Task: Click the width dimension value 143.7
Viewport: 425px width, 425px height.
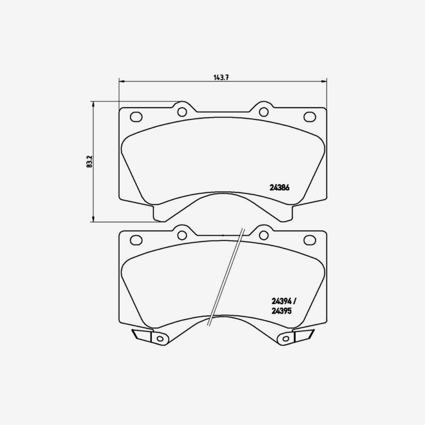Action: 220,78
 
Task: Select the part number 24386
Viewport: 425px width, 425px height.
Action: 280,189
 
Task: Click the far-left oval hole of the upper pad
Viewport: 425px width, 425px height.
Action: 136,117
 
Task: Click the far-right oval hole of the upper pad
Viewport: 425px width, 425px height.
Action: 310,116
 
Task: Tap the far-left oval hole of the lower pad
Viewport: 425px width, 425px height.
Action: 136,240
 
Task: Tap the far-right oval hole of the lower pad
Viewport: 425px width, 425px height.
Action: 310,240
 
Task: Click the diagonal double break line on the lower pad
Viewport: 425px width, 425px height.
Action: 226,276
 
